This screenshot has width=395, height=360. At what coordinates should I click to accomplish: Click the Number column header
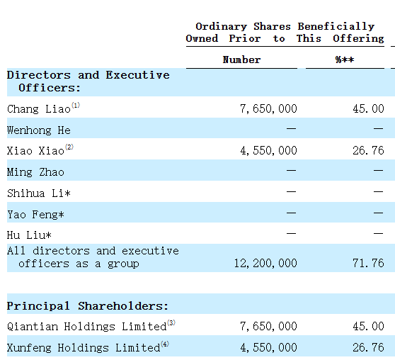coord(241,60)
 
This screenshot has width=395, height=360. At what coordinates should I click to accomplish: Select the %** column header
coord(345,60)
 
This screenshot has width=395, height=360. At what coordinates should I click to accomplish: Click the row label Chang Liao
coord(39,109)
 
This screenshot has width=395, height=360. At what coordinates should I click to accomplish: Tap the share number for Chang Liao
coord(268,108)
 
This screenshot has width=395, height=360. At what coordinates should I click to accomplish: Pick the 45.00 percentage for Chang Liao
coord(368,108)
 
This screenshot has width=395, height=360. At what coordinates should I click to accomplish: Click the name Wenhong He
coord(39,130)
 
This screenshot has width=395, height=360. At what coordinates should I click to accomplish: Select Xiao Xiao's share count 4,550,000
coord(268,151)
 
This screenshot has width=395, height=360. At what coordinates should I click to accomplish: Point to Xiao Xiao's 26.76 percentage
coord(368,151)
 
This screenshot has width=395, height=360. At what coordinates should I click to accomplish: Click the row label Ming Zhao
coord(35,172)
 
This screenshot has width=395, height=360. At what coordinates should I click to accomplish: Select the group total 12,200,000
coord(265,264)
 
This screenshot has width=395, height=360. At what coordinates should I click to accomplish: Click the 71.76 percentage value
coord(368,264)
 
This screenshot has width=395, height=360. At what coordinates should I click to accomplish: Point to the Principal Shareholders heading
coord(87,306)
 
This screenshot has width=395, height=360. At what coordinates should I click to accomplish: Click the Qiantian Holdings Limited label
coord(86,327)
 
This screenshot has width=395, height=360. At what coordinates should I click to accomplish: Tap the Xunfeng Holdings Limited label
coord(84,348)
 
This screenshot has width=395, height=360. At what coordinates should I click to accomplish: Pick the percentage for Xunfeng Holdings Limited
coord(368,348)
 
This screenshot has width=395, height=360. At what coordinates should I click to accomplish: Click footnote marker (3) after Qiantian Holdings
coord(171,322)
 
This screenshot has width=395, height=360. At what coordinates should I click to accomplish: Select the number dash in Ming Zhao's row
coord(291,171)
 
